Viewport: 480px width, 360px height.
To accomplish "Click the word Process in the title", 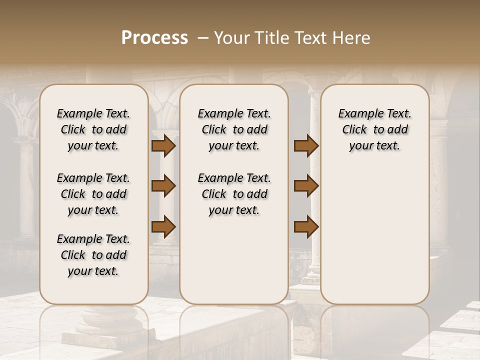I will [154, 38].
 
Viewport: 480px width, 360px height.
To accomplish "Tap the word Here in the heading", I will [352, 38].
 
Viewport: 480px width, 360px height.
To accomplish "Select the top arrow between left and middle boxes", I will [163, 145].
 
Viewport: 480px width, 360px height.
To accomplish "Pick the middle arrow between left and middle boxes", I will [163, 186].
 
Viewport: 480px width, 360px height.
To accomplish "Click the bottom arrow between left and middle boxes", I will [163, 226].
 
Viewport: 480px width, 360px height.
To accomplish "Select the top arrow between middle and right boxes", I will [306, 145].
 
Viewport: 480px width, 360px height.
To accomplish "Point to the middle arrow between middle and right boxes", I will [306, 186].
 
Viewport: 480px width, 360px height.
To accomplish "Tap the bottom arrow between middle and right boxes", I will [306, 226].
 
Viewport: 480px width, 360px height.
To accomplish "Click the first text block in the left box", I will [93, 129].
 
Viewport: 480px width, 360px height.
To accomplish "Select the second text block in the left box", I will [93, 194].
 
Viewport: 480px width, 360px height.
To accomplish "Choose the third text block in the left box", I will [93, 255].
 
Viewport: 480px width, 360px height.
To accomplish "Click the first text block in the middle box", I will [234, 129].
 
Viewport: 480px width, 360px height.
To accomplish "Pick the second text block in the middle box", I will [234, 194].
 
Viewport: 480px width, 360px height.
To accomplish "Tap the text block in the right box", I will [374, 129].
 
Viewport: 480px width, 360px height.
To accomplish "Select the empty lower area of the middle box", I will [234, 260].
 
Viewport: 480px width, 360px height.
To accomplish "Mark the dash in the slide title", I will [202, 38].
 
